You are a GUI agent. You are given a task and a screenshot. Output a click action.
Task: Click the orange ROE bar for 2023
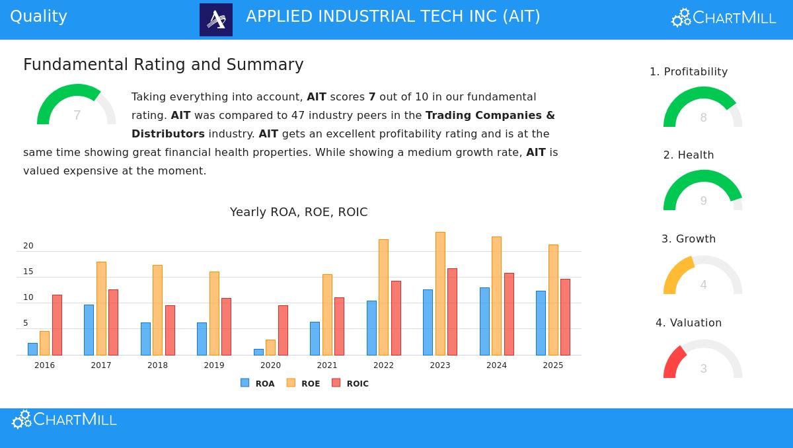[440, 293]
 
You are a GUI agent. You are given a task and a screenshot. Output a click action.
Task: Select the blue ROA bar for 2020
[258, 352]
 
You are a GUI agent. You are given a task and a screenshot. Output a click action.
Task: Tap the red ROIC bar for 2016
[57, 324]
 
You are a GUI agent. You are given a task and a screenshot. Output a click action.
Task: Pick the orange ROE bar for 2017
[101, 308]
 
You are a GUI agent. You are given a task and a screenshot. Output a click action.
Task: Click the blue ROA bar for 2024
[484, 321]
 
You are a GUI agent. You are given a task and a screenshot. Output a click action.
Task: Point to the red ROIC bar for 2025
[565, 317]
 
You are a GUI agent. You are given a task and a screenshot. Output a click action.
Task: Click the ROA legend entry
[258, 383]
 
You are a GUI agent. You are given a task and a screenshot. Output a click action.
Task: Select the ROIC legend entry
[350, 383]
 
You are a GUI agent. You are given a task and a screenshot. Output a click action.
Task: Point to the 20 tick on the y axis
[28, 246]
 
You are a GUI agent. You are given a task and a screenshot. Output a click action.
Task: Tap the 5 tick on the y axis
[26, 323]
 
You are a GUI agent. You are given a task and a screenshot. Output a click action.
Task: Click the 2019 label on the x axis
[214, 365]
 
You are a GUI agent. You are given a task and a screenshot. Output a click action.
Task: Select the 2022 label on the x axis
[383, 365]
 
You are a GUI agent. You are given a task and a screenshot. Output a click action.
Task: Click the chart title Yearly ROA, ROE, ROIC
[299, 212]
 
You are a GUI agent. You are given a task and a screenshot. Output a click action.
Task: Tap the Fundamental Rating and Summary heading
[163, 65]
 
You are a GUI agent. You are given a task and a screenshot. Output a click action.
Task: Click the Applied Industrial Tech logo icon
[216, 20]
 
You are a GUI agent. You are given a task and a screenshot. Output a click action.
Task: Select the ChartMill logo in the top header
[724, 18]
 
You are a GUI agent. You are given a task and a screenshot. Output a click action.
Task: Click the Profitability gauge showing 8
[702, 107]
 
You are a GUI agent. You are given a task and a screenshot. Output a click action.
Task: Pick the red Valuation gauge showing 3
[702, 360]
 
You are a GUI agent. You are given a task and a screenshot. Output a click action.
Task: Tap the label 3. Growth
[689, 239]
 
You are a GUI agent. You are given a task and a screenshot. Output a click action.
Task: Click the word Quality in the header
[38, 17]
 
